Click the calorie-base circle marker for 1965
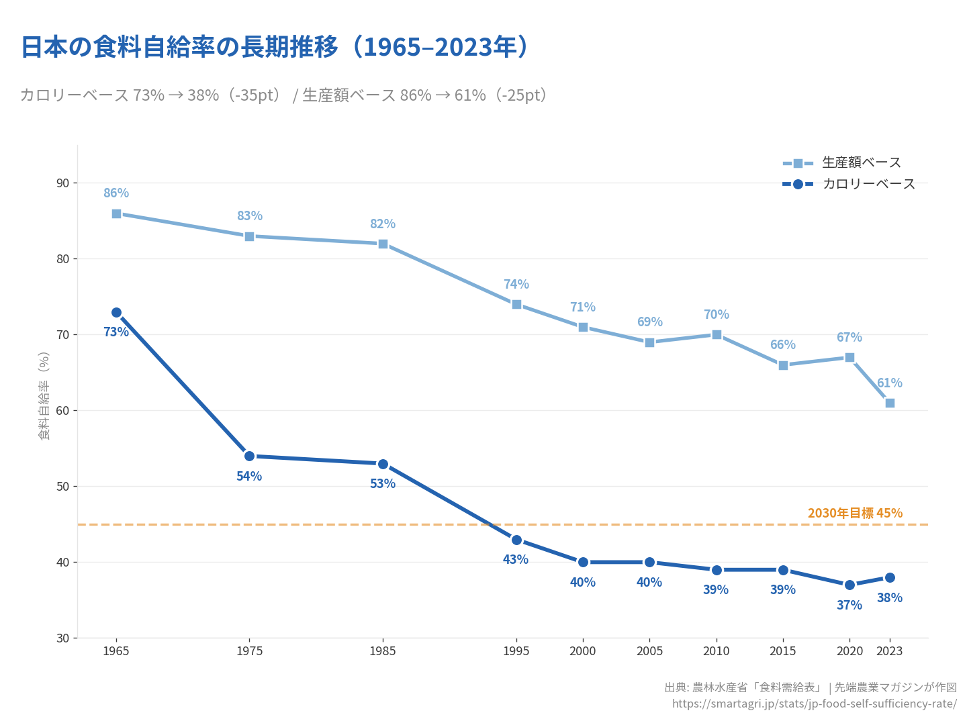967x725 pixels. coord(116,312)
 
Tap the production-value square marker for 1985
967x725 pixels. coord(383,244)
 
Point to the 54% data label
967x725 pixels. coord(249,476)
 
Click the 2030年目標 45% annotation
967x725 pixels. coord(855,513)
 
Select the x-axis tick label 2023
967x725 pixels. coord(889,650)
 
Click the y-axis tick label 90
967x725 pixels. coord(62,183)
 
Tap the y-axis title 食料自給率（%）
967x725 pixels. coord(44,396)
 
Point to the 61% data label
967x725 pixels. coord(889,383)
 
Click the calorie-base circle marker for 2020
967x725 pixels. coord(849,585)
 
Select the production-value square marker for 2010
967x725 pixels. coord(717,334)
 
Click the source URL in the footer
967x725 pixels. coord(814,704)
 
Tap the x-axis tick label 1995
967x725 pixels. coord(516,650)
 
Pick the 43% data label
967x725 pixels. coord(516,559)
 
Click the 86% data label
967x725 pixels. coord(116,193)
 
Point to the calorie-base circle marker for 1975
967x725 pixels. coord(249,456)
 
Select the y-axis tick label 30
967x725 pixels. coord(62,638)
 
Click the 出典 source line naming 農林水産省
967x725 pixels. coord(810,687)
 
